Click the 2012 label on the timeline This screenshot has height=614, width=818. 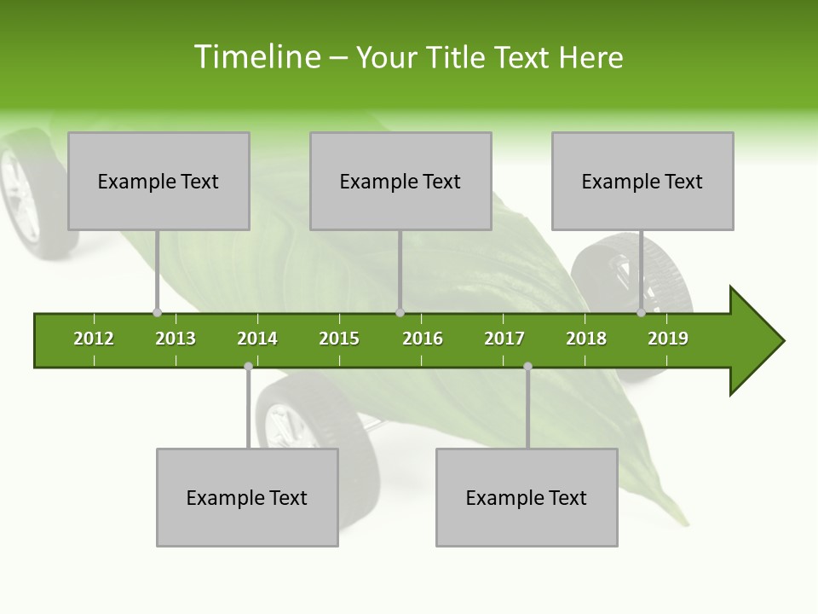tap(94, 339)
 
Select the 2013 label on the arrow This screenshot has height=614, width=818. tap(176, 339)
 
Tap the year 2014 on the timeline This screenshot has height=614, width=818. tap(257, 339)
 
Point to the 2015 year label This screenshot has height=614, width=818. tap(339, 339)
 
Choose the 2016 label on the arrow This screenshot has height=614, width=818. tap(423, 339)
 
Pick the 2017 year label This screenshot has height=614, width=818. tap(504, 339)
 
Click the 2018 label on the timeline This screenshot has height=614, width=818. tap(586, 339)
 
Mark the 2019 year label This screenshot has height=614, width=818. tap(668, 339)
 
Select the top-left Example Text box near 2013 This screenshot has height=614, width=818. tap(158, 182)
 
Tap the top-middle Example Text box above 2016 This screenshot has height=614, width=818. tap(400, 182)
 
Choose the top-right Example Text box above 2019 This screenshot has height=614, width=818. tap(642, 182)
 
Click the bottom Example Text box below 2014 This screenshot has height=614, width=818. tap(247, 498)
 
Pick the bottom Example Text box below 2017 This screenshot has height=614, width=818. tap(527, 498)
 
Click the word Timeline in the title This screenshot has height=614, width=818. tap(256, 57)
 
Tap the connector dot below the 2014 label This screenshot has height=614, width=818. tap(248, 367)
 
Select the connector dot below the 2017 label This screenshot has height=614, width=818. tap(527, 367)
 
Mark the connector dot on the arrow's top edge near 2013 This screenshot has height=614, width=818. tap(157, 313)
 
